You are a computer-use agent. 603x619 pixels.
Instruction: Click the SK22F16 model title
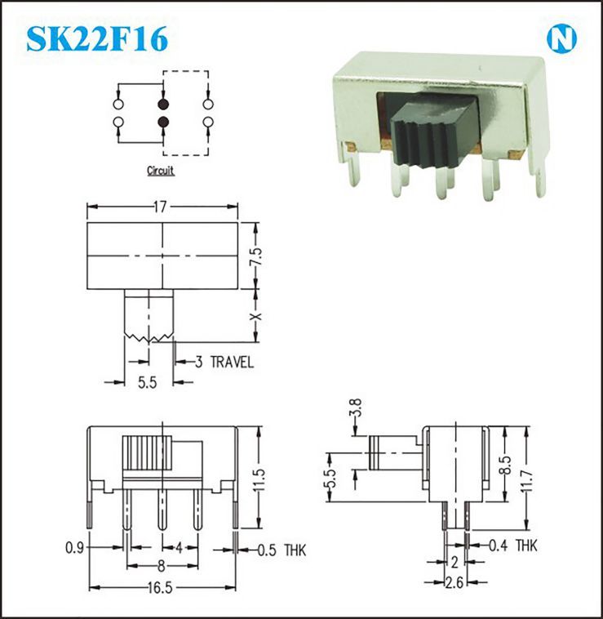point(97,39)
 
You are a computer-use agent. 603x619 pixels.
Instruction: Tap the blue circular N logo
point(561,39)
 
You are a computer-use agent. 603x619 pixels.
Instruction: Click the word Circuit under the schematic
point(161,171)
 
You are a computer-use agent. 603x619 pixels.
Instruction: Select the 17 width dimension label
point(160,207)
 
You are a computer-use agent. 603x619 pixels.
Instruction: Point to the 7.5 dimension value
point(256,256)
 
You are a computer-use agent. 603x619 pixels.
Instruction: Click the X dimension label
point(256,317)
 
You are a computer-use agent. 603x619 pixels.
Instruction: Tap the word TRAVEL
point(232,362)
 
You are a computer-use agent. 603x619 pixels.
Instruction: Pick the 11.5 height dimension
point(259,480)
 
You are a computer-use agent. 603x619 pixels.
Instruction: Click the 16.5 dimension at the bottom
point(160,588)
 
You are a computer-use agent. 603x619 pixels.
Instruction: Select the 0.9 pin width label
point(74,548)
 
